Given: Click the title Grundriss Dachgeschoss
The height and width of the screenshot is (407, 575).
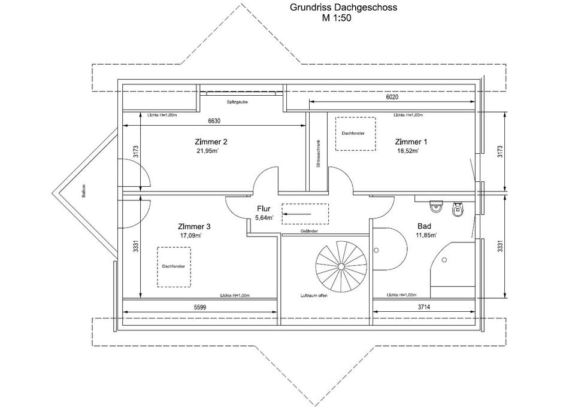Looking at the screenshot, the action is (343, 8).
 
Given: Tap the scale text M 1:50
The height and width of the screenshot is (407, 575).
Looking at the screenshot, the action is (336, 19).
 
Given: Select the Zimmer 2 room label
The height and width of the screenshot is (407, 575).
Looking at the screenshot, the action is (211, 142).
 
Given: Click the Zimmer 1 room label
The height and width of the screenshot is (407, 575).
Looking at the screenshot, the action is (411, 142).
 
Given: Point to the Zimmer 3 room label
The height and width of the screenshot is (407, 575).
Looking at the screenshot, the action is (194, 227).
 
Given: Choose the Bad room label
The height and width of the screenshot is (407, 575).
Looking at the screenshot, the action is (425, 227).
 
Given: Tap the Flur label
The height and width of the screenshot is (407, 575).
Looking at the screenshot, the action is (264, 209).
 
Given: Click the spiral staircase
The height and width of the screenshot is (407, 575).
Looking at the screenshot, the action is (342, 264).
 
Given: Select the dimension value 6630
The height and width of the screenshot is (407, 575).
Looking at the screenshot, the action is (214, 121).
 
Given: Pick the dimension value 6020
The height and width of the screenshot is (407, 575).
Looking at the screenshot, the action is (392, 97).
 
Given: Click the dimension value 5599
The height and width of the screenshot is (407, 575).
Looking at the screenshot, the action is (201, 307).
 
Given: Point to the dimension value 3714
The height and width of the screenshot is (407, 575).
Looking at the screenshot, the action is (425, 307).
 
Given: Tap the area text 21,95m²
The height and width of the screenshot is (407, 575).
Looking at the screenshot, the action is (207, 151).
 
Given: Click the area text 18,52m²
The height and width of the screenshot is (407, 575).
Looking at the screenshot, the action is (407, 151).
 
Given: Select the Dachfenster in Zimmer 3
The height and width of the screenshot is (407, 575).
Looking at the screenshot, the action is (174, 266).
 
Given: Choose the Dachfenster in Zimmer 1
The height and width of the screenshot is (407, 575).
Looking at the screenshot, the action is (355, 133).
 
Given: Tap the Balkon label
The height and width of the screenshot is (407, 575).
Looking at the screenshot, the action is (84, 190).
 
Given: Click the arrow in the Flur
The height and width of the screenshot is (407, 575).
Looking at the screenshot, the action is (298, 212).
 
